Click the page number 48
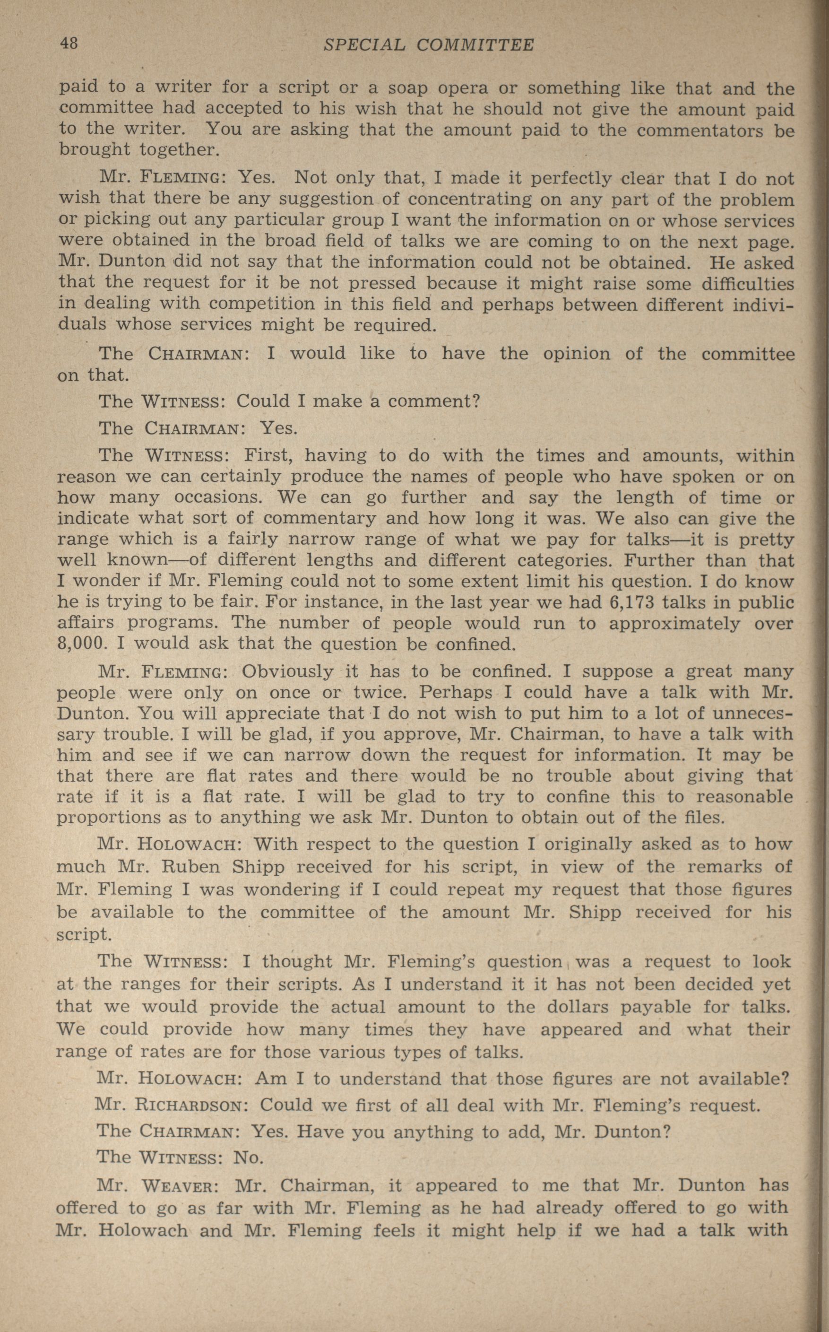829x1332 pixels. point(69,44)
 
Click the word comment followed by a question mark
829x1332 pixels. point(433,401)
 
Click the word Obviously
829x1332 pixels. point(287,672)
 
